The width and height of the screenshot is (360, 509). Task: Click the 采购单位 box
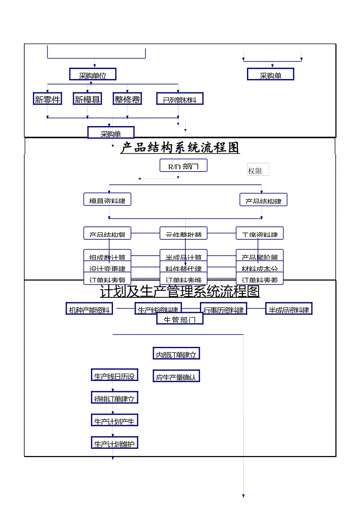tap(92, 74)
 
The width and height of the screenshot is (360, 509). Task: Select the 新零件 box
tap(47, 99)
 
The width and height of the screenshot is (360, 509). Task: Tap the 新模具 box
tap(87, 99)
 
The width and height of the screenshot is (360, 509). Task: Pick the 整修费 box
tap(127, 99)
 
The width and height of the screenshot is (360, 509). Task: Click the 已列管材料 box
tap(180, 99)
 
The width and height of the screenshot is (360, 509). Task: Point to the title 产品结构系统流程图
tap(180, 147)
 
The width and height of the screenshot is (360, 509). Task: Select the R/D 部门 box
tap(183, 166)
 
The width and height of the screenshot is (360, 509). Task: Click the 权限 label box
tap(258, 170)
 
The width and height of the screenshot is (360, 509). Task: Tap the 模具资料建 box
tap(107, 200)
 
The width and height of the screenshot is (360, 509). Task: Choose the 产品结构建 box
tap(263, 200)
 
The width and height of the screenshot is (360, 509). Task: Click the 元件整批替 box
tap(183, 233)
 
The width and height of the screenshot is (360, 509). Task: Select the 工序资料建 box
tap(260, 233)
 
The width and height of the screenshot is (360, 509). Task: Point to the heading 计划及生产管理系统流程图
tap(180, 291)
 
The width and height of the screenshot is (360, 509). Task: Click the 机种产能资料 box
tap(89, 309)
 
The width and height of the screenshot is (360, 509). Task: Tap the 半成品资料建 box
tap(289, 309)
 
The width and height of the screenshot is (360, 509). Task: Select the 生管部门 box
tap(180, 319)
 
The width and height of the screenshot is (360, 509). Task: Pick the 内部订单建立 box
tap(176, 354)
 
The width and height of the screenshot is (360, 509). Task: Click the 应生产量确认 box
tap(176, 376)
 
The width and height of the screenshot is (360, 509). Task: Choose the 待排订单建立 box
tap(114, 398)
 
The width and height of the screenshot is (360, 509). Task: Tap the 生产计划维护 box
tap(114, 443)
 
